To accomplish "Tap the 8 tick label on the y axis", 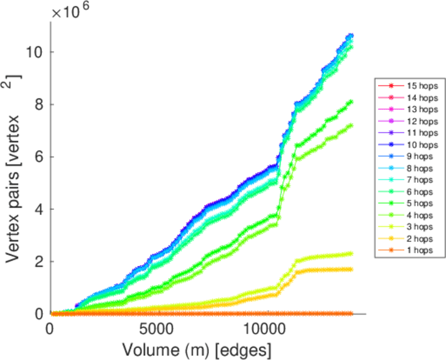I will click(x=38, y=104).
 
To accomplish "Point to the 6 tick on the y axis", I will click(x=38, y=157).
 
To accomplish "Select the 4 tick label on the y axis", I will click(x=38, y=209).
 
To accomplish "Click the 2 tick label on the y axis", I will click(x=38, y=262).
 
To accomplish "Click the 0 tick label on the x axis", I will click(x=50, y=329).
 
